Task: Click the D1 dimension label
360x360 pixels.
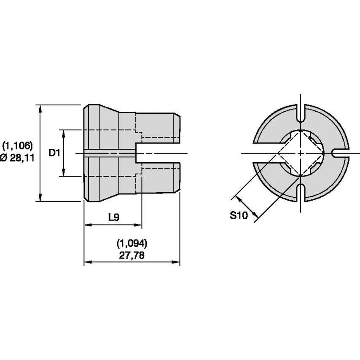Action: tap(54, 153)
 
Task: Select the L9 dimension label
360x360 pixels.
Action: tap(114, 217)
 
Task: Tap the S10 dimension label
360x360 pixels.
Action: tap(239, 215)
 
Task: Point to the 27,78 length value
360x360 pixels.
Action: tap(132, 255)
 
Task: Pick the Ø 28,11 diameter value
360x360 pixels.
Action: tap(17, 158)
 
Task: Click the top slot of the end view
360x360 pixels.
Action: tap(301, 113)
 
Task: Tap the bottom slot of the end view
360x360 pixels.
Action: tap(301, 193)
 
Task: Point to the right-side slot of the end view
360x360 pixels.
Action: tap(341, 153)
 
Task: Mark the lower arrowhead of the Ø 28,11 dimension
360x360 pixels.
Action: tap(40, 197)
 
